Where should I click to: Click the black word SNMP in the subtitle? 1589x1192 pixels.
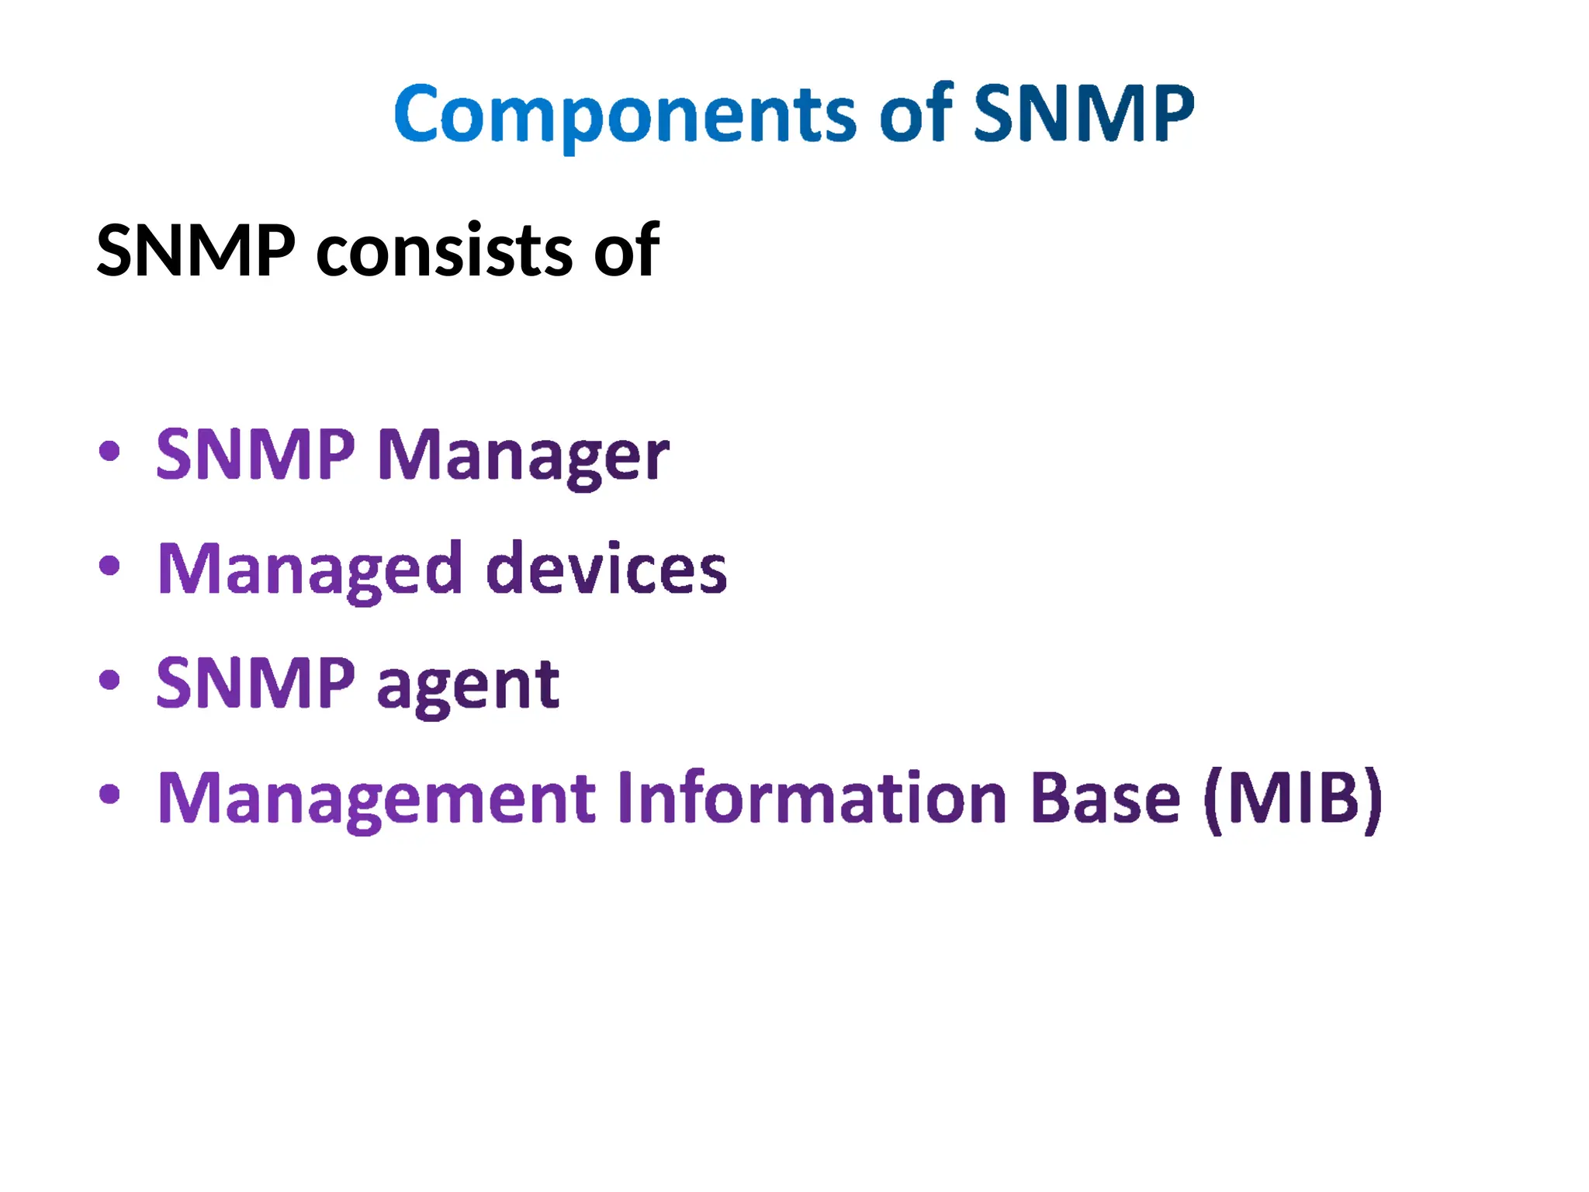coord(196,250)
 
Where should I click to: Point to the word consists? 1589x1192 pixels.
coord(444,251)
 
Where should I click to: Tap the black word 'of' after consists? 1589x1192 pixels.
coord(626,250)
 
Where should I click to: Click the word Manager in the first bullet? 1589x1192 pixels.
coord(522,456)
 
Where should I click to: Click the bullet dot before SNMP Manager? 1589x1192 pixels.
coord(109,451)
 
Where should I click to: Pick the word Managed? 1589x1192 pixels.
coord(310,570)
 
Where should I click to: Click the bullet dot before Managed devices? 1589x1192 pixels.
coord(109,565)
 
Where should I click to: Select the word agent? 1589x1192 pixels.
coord(468,684)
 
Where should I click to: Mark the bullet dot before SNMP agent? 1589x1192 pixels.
coord(109,680)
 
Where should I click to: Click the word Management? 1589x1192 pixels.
coord(376,799)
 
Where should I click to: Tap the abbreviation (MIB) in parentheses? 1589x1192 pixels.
coord(1293,799)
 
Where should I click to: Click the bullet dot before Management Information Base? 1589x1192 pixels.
coord(109,794)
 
